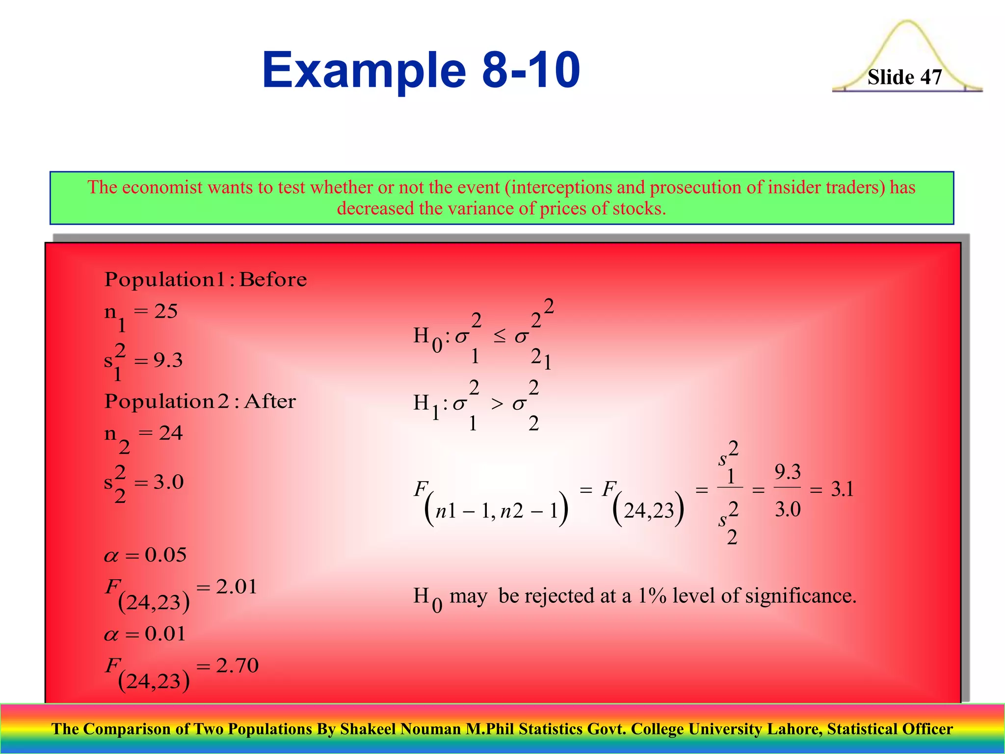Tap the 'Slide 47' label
tap(904, 77)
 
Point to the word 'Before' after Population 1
tap(273, 280)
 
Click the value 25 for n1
tap(166, 311)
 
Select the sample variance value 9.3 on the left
tap(168, 361)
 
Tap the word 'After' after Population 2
tap(270, 402)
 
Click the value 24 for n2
tap(170, 433)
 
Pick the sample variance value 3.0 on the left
tap(168, 482)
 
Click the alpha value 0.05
tap(165, 555)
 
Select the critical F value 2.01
tap(237, 587)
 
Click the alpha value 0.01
tap(165, 634)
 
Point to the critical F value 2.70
tap(237, 666)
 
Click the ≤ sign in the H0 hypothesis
tap(500, 337)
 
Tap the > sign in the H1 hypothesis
tap(497, 404)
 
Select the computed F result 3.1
tap(842, 489)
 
